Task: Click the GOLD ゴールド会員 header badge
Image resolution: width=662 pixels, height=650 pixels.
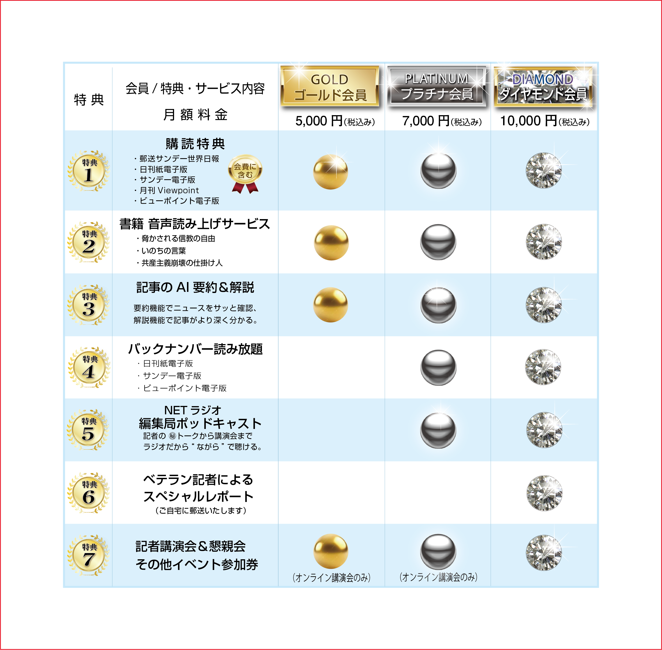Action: (x=330, y=86)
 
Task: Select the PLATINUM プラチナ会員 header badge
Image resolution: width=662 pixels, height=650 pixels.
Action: (x=437, y=86)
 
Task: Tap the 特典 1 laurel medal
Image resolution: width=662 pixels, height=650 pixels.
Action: (x=89, y=171)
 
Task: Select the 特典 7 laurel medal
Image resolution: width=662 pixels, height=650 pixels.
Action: (x=89, y=555)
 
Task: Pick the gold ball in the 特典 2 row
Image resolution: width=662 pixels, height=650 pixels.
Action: (x=331, y=242)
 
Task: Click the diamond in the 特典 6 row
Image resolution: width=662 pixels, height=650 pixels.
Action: (x=544, y=493)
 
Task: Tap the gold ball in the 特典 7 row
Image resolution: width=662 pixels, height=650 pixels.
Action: (x=331, y=551)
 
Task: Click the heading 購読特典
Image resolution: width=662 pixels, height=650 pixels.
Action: (x=195, y=144)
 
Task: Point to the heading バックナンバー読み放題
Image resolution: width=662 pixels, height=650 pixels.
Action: (x=195, y=349)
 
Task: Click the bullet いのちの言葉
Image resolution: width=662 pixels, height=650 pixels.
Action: (x=161, y=251)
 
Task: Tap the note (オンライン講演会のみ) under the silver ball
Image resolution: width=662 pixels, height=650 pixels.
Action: (x=438, y=577)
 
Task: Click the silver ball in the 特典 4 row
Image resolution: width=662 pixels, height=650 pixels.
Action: (x=438, y=367)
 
